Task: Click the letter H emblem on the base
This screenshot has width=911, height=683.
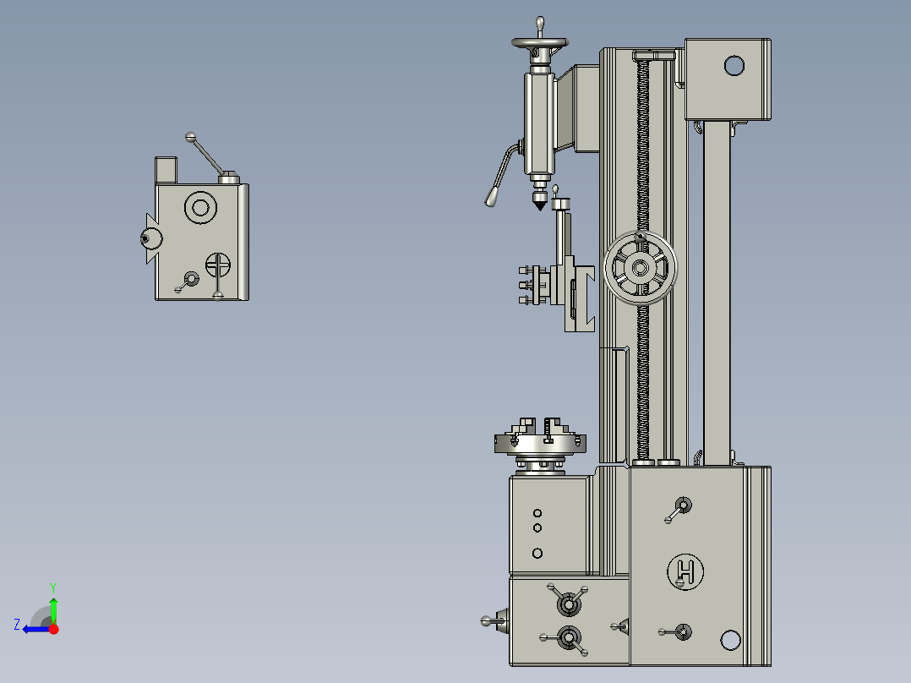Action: click(x=685, y=572)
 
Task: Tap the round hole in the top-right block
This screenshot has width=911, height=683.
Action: click(x=734, y=65)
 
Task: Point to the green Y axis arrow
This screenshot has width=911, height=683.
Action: click(x=53, y=607)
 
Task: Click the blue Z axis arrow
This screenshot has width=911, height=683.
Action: click(x=34, y=628)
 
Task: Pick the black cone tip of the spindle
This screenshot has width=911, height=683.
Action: click(x=539, y=203)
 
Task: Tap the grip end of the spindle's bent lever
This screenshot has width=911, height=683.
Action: click(x=491, y=198)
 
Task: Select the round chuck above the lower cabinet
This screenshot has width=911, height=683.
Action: click(x=539, y=441)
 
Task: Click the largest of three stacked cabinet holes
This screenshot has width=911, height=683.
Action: click(x=537, y=553)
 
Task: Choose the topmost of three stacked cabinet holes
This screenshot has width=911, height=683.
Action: click(x=537, y=513)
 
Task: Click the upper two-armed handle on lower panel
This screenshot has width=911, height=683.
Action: click(x=568, y=603)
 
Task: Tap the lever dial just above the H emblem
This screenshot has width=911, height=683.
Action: click(x=682, y=506)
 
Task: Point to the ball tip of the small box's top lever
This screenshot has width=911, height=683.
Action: click(x=190, y=136)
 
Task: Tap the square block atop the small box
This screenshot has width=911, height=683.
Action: click(x=166, y=170)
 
